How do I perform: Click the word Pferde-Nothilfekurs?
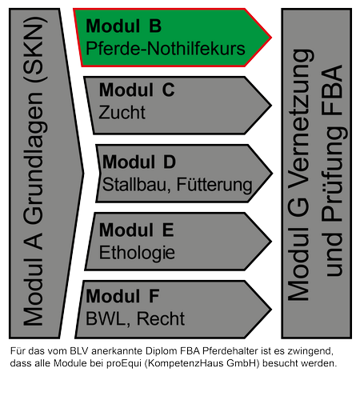[x=166, y=49]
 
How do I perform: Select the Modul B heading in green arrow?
[x=123, y=26]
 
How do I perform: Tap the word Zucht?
[x=122, y=112]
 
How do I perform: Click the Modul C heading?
[x=137, y=90]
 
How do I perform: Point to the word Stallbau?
[x=134, y=184]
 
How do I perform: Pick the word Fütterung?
[x=214, y=185]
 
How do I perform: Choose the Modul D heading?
[x=139, y=162]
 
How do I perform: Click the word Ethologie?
[x=137, y=253]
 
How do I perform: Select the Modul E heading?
[x=136, y=230]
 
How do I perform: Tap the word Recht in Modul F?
[x=161, y=318]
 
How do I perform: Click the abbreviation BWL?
[x=106, y=319]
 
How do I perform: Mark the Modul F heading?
[x=122, y=296]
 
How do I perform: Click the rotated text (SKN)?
[x=35, y=50]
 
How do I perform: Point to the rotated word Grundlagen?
[x=34, y=158]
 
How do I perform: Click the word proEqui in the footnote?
[x=124, y=363]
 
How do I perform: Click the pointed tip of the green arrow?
[x=271, y=38]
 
